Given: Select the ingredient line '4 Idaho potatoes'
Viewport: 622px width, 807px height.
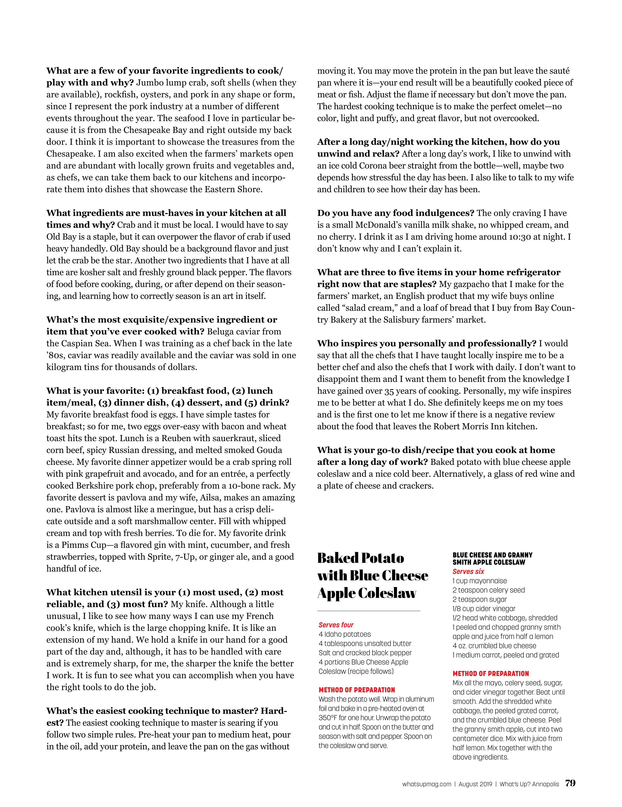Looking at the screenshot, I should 345,634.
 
